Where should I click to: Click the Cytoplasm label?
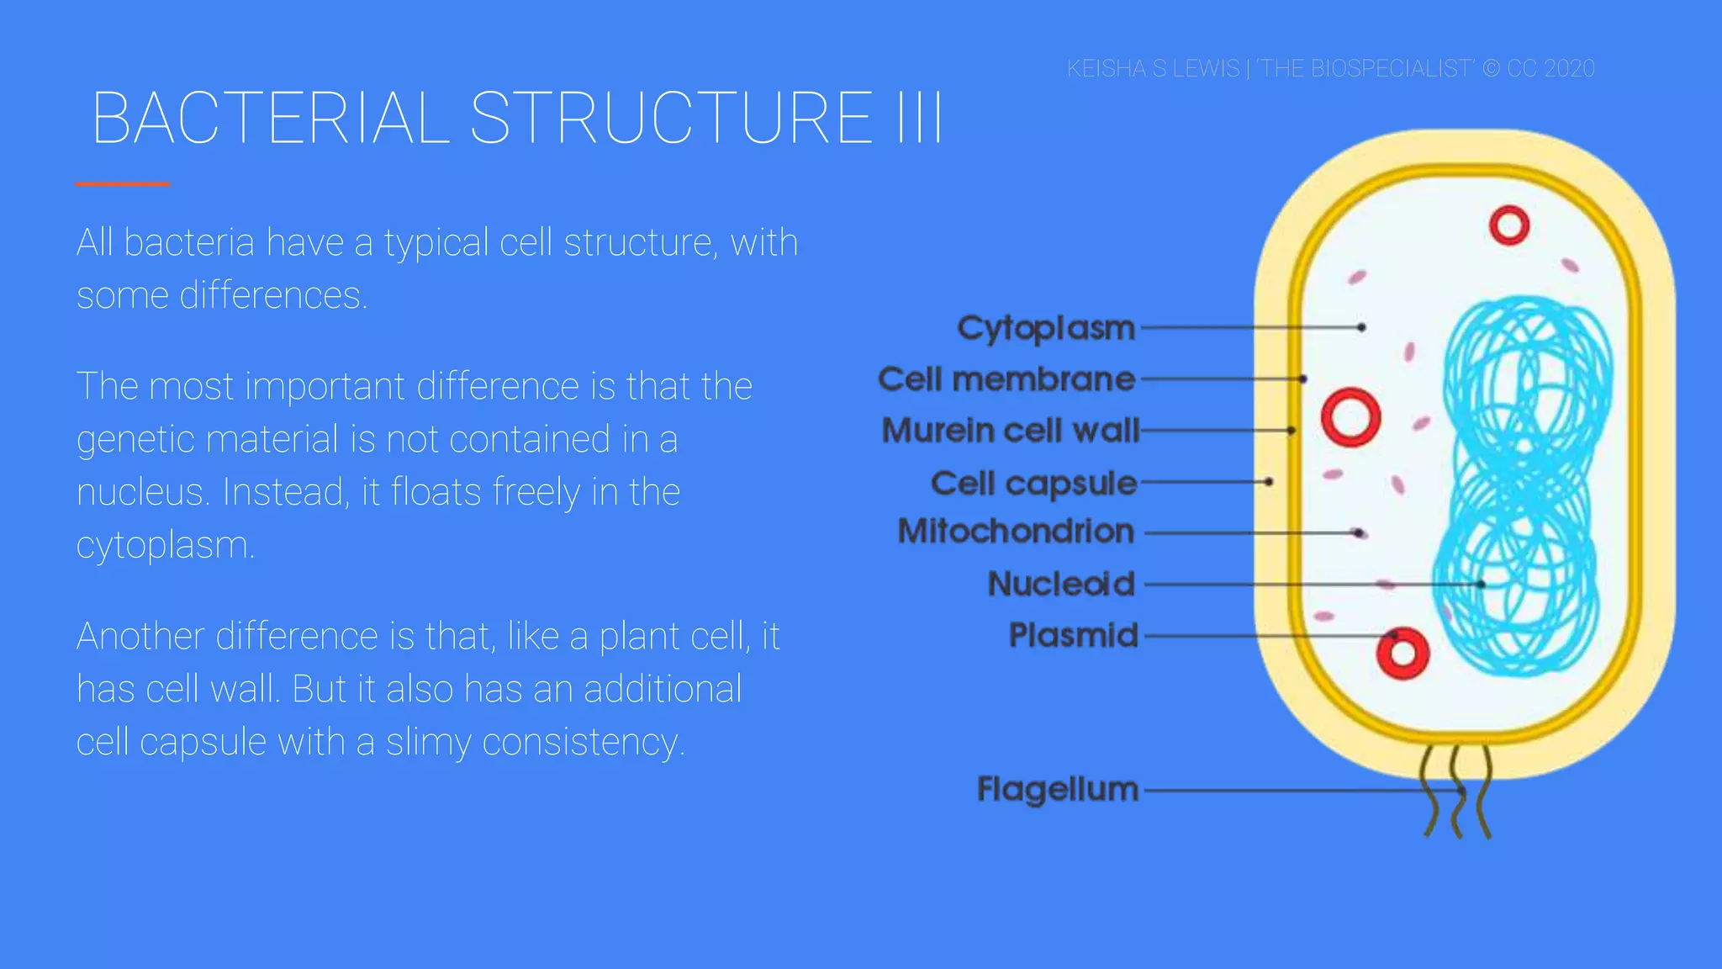(x=1046, y=328)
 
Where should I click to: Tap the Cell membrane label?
(x=1006, y=379)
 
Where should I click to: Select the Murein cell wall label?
(x=1011, y=431)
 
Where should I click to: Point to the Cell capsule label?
(x=1033, y=483)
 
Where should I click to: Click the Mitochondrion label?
(x=1016, y=532)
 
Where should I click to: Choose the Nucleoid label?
(x=1061, y=584)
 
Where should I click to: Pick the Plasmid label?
(x=1073, y=635)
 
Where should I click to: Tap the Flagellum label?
(x=1057, y=789)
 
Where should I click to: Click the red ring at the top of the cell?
(x=1508, y=225)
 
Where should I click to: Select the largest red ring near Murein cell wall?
(x=1350, y=417)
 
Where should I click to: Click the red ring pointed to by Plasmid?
(x=1402, y=654)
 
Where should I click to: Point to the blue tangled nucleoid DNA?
(x=1522, y=488)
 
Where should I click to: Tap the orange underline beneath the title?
(x=123, y=183)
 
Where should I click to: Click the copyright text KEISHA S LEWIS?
(x=1153, y=68)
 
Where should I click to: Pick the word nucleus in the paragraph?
(x=141, y=492)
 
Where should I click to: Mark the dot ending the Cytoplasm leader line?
(x=1360, y=327)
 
